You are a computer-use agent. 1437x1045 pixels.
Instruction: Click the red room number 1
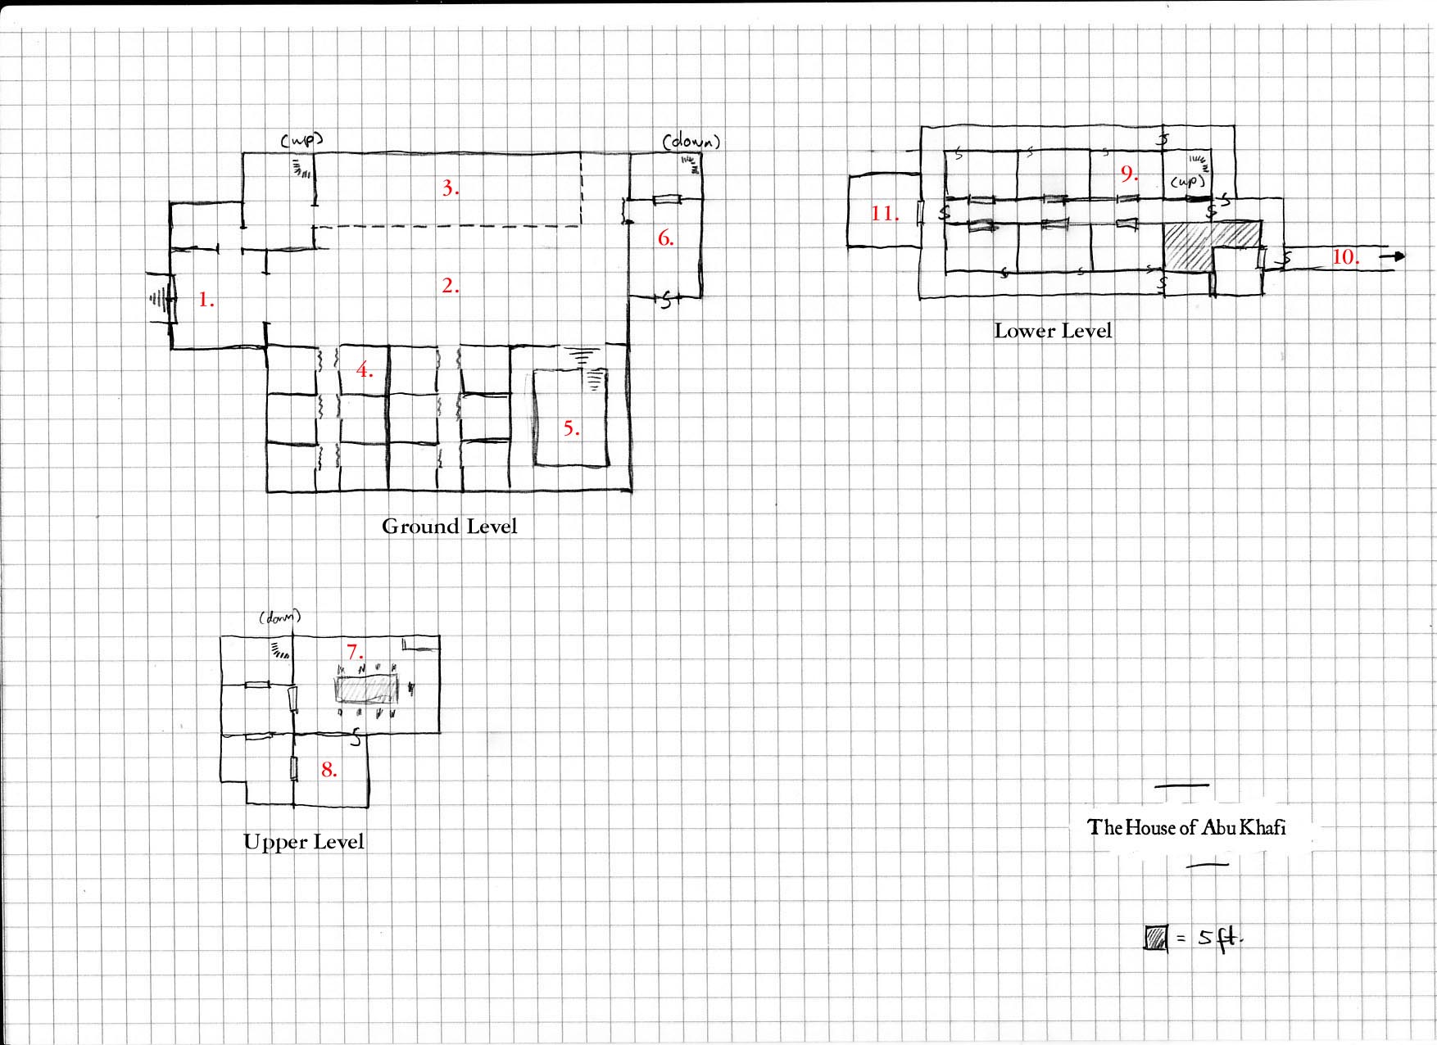coord(206,300)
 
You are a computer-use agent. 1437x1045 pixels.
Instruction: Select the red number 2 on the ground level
coord(451,286)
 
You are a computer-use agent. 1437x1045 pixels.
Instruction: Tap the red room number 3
coord(451,188)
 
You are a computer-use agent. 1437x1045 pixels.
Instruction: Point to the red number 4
coord(365,370)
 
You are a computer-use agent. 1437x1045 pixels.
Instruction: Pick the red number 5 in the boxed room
coord(571,428)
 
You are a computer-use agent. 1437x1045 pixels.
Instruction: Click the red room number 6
coord(666,238)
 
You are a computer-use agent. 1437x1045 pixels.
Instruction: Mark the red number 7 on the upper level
coord(355,652)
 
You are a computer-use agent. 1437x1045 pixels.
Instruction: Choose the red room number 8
coord(329,770)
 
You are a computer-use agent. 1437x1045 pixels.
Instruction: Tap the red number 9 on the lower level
coord(1129,174)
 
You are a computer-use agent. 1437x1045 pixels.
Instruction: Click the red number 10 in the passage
coord(1345,257)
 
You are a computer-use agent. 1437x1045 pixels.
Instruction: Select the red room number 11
coord(885,214)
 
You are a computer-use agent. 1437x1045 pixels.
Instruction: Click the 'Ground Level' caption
coord(450,527)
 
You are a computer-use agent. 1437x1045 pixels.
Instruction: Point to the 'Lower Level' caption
coord(1053,331)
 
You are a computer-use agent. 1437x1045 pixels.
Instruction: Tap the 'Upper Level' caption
coord(304,842)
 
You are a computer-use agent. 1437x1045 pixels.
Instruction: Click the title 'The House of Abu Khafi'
coord(1186,827)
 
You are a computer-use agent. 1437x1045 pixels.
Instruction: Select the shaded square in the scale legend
coord(1156,938)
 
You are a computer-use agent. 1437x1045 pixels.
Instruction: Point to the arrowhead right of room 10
coord(1398,256)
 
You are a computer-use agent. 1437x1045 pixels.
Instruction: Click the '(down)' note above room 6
coord(691,142)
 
